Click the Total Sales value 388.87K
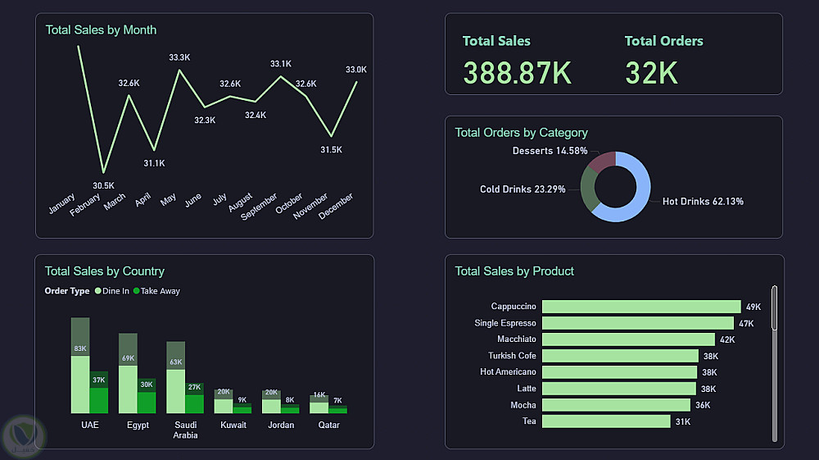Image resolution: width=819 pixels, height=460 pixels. tap(517, 72)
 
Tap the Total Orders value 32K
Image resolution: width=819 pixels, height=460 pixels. tap(651, 72)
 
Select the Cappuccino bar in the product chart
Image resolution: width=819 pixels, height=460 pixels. tap(640, 307)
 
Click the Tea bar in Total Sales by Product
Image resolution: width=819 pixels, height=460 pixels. tap(605, 421)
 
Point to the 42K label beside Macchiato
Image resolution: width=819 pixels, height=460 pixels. tap(727, 339)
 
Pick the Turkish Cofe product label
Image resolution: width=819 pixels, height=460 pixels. tap(512, 356)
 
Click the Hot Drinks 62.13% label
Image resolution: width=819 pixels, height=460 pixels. tap(703, 202)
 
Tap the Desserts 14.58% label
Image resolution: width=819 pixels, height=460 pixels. tap(550, 151)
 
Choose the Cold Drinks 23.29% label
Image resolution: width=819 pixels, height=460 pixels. tap(523, 189)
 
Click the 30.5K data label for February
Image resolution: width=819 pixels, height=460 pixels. tap(104, 185)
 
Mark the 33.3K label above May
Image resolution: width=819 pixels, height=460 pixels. tap(179, 57)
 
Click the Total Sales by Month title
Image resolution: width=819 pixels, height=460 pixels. tap(101, 30)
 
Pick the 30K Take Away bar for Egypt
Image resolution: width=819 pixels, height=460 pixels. tap(147, 402)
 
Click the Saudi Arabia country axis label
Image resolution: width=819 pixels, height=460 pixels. tap(185, 430)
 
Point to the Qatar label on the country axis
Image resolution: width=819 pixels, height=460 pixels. tap(328, 425)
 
